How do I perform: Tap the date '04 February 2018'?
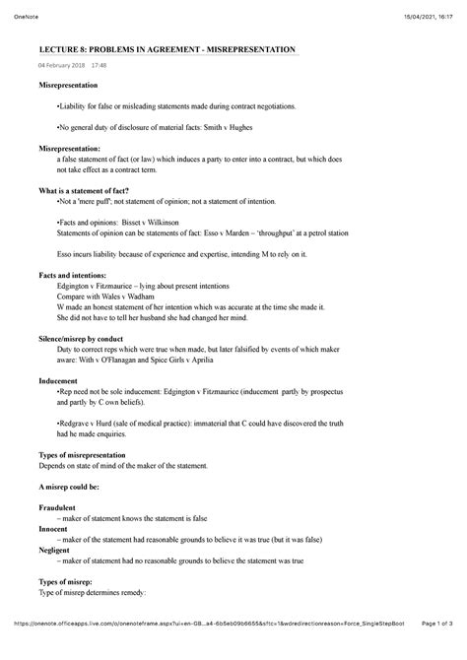(x=60, y=66)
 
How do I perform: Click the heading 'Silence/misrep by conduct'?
(x=89, y=338)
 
